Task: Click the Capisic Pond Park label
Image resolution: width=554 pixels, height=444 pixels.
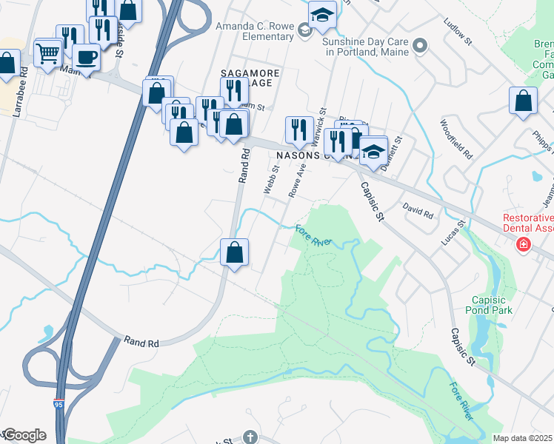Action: tap(490, 305)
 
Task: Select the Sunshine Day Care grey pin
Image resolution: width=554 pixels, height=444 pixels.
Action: tap(421, 46)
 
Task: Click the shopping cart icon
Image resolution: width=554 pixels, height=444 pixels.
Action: tap(47, 53)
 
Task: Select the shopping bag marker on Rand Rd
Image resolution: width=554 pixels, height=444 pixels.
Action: tap(234, 252)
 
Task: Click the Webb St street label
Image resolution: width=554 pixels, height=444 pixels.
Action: tap(271, 179)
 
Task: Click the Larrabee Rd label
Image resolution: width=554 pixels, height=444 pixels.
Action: tap(23, 90)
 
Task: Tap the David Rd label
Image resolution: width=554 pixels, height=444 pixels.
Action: tap(418, 212)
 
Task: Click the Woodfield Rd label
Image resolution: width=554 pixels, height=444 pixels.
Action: tap(455, 140)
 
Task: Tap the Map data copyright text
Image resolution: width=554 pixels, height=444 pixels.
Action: tap(522, 438)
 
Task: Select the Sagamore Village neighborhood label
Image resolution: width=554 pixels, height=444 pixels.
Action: tap(248, 78)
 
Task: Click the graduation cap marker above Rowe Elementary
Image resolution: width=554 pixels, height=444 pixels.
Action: tap(322, 15)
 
